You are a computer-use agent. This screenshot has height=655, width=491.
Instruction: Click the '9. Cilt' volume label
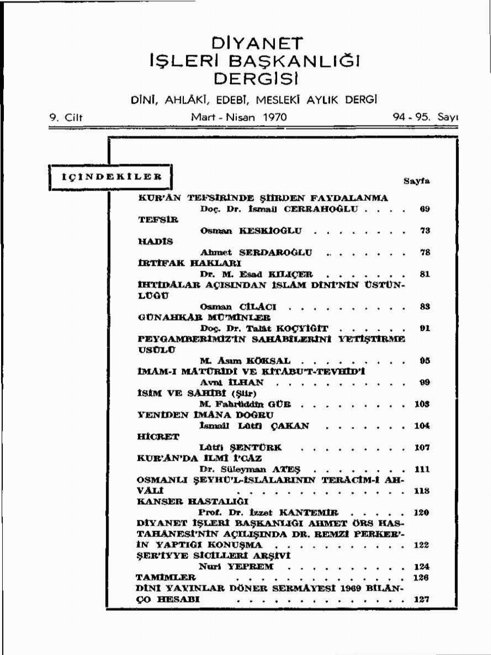[65, 117]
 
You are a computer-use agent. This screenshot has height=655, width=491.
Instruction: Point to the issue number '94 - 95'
[410, 117]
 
